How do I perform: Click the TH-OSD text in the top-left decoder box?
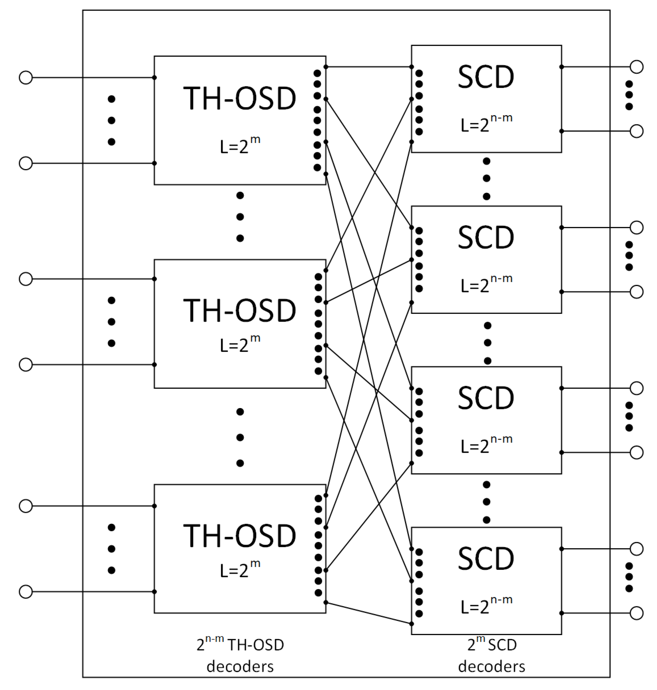coord(239,98)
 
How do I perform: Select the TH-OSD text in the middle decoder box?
coord(239,311)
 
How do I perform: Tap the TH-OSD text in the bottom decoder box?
coord(239,536)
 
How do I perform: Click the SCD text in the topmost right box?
coord(486,77)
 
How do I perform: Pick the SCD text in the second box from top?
coord(486,238)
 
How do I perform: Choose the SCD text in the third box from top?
coord(486,398)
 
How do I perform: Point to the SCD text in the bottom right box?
coord(486,559)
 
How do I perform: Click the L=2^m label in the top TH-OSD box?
coord(240,146)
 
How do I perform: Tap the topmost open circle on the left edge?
coord(25,77)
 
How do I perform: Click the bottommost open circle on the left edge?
coord(25,592)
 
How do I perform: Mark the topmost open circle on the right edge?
coord(636,67)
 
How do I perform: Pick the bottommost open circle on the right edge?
coord(636,613)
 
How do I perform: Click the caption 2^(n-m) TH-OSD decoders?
coord(240,655)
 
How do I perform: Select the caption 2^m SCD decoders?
coord(491,655)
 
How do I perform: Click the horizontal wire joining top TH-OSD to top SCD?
coord(369,67)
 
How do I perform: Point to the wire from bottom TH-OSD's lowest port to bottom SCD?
coord(369,613)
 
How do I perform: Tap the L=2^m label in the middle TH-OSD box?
coord(240,344)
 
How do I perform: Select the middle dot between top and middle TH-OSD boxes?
coord(240,217)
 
